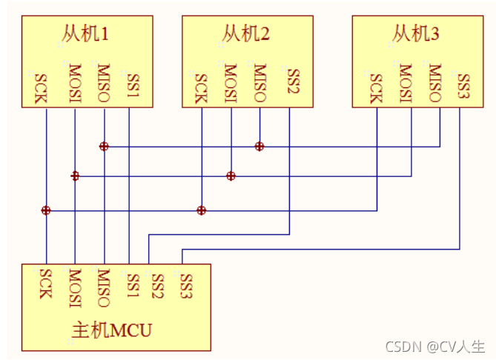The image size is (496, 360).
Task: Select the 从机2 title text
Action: pos(245,34)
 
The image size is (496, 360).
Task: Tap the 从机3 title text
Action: pos(415,34)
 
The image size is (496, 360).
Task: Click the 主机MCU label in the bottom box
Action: pos(110,329)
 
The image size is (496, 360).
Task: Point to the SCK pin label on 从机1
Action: pos(39,87)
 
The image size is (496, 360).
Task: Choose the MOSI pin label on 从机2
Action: pos(231,84)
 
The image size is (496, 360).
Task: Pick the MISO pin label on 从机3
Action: pos(435,84)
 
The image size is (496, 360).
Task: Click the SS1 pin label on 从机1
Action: pos(133,86)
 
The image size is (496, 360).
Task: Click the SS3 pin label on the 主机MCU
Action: pos(186,284)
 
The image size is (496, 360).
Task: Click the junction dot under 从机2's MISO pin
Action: pos(259,147)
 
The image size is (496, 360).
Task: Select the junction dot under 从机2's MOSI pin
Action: pos(231,176)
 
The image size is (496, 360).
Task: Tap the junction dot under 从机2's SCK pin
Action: pos(201,210)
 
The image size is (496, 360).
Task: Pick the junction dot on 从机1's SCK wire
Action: pos(46,210)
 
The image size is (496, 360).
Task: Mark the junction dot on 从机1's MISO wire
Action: pos(104,147)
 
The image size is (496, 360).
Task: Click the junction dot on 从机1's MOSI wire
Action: pos(75,176)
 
